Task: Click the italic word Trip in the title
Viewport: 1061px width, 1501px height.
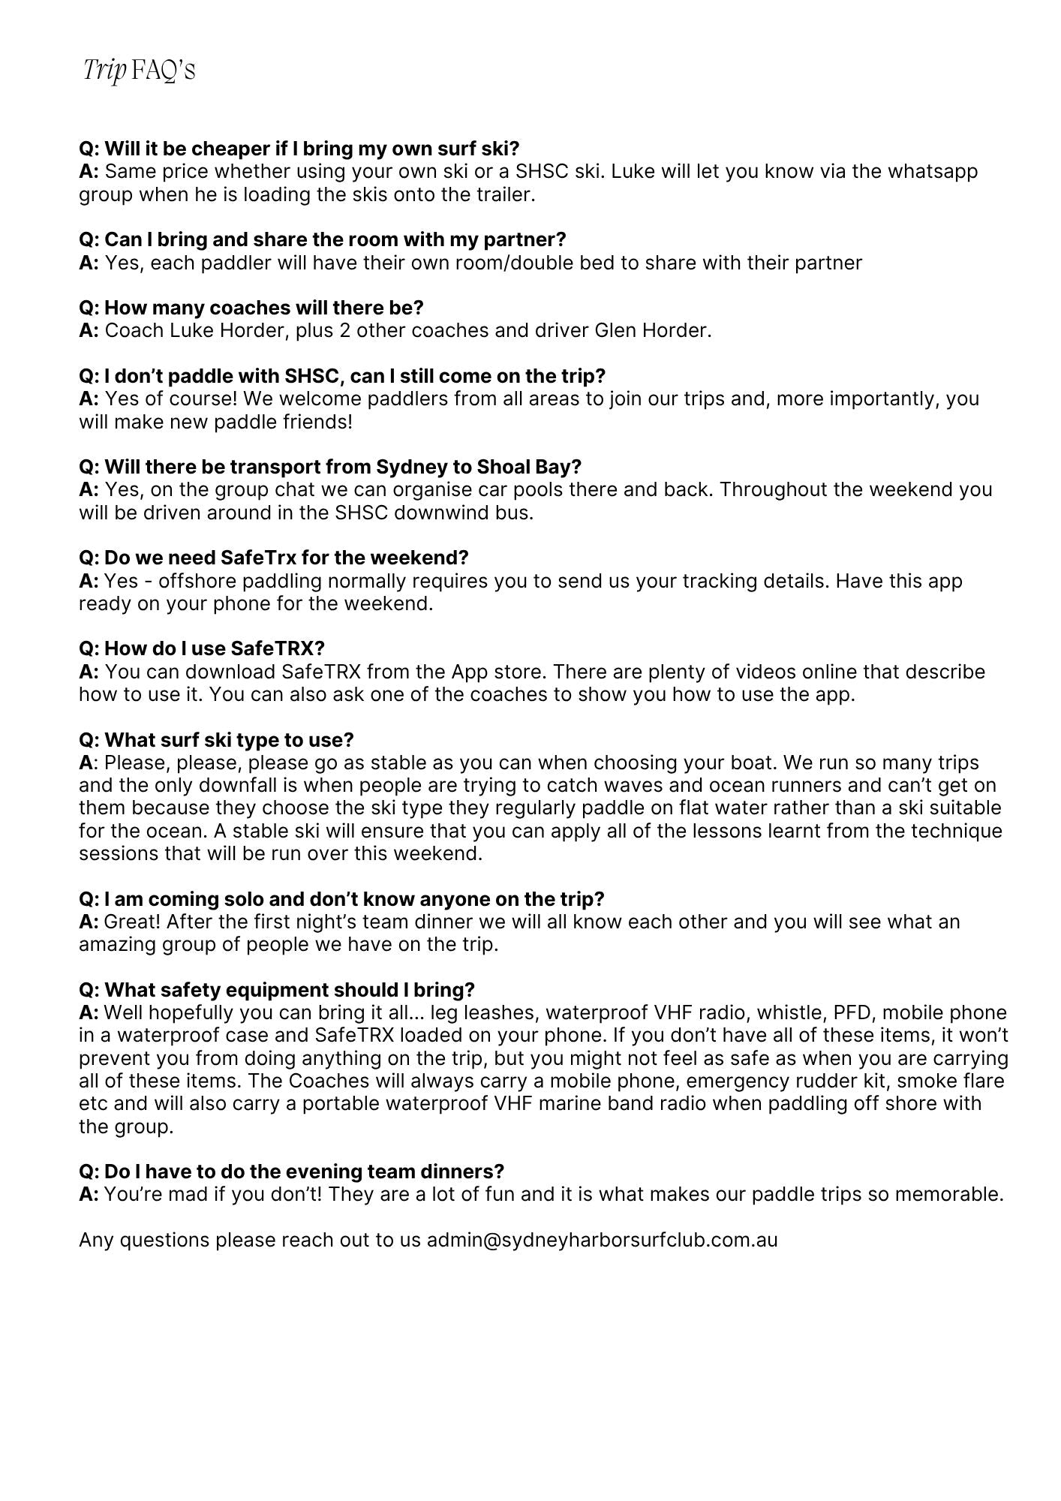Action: click(x=104, y=71)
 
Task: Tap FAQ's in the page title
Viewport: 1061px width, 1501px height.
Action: click(x=163, y=71)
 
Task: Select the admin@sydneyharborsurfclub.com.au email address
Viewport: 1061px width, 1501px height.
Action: click(x=602, y=1239)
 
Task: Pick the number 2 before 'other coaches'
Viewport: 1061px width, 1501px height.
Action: click(x=344, y=330)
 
